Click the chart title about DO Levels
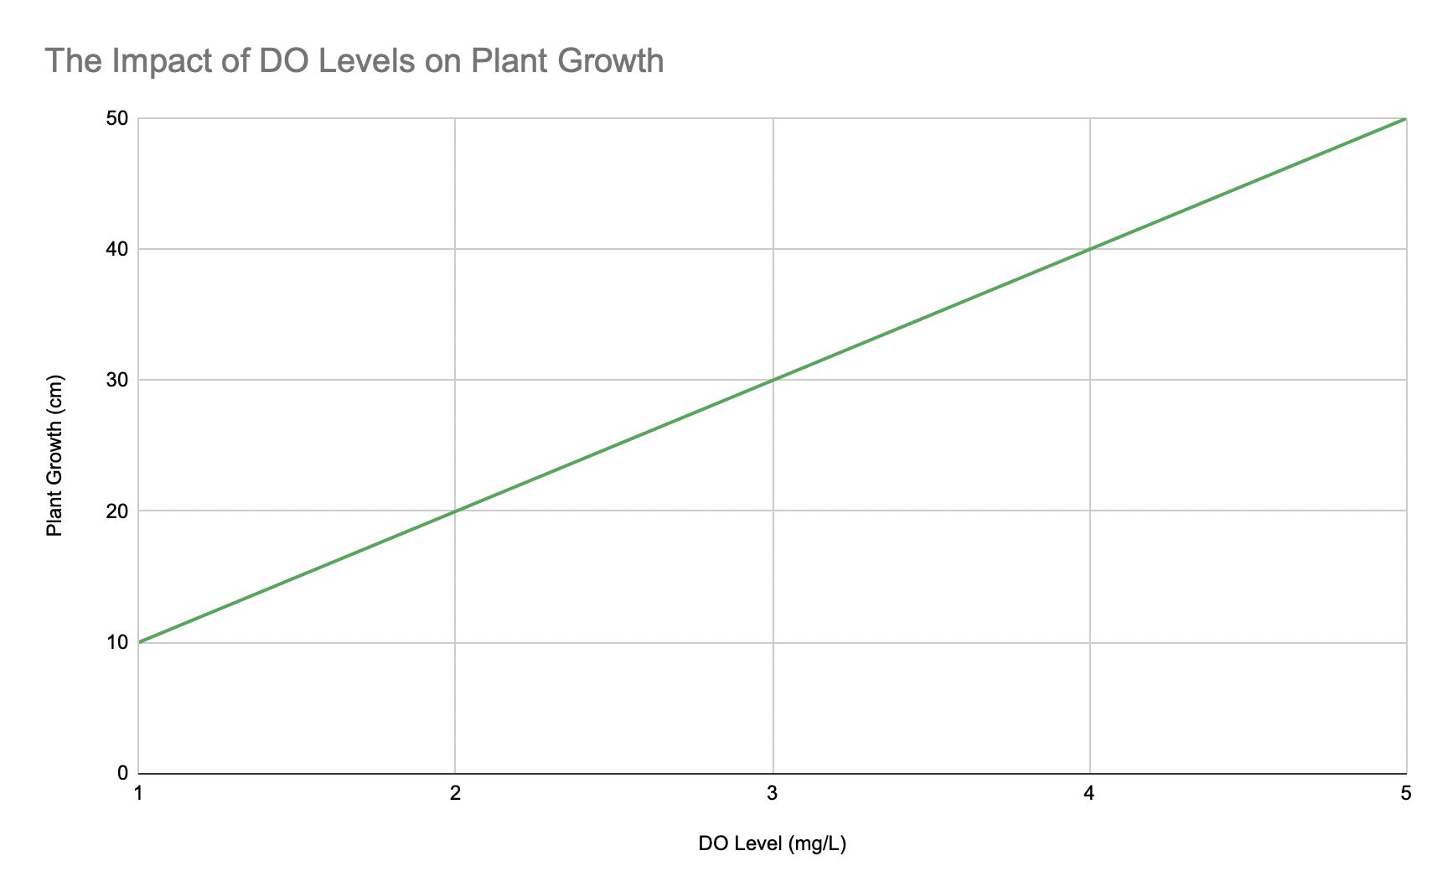[354, 61]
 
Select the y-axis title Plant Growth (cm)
[54, 454]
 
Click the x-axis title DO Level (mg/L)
[772, 843]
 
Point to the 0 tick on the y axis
[122, 773]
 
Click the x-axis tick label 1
[138, 793]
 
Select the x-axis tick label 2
[455, 793]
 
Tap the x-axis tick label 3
[773, 793]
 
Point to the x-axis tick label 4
[1089, 793]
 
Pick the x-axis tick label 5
[1405, 793]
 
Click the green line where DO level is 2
[455, 511]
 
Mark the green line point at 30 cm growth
[773, 380]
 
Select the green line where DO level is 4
[1089, 249]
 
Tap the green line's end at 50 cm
[1404, 119]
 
